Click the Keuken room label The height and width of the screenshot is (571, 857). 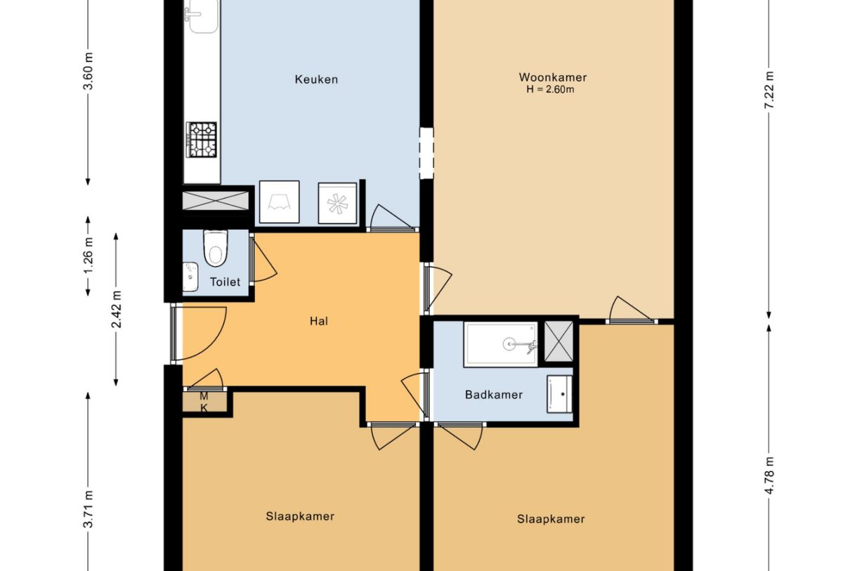(315, 79)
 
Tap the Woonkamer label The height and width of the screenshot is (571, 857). (552, 77)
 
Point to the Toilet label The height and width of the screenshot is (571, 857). (225, 282)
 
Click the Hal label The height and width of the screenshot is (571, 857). (319, 322)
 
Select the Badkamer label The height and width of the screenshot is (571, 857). (493, 395)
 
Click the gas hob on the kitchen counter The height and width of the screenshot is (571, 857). (202, 140)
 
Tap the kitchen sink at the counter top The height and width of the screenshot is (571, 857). (202, 17)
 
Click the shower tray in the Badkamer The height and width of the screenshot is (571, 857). (501, 344)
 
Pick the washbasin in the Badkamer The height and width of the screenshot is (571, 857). (559, 393)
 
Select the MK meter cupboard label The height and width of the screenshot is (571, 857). (204, 402)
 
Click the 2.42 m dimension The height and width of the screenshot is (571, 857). (117, 309)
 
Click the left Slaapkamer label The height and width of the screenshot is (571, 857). (300, 516)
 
